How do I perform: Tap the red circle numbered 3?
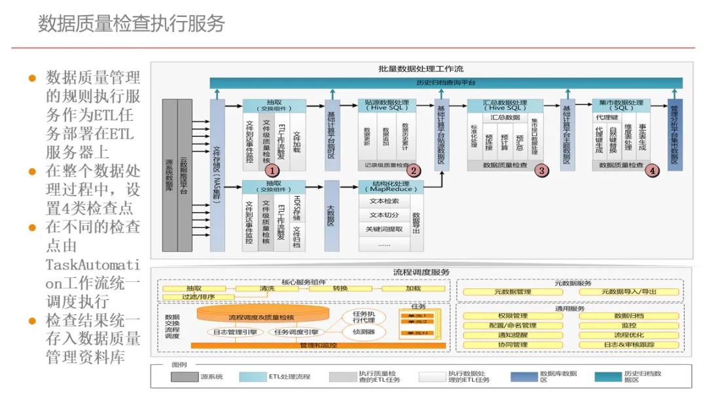pyautogui.click(x=541, y=170)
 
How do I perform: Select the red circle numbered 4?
pyautogui.click(x=651, y=170)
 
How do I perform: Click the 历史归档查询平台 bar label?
pyautogui.click(x=446, y=83)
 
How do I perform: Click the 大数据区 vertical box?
pyautogui.click(x=331, y=216)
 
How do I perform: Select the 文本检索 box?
pyautogui.click(x=384, y=201)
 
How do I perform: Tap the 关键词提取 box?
pyautogui.click(x=384, y=229)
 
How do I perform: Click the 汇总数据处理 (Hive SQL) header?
pyautogui.click(x=505, y=105)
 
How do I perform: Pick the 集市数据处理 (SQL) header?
pyautogui.click(x=621, y=105)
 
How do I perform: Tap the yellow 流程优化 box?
pyautogui.click(x=629, y=335)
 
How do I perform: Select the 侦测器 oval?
pyautogui.click(x=363, y=332)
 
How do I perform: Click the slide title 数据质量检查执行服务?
pyautogui.click(x=132, y=24)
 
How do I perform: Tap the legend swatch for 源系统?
pyautogui.click(x=185, y=377)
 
